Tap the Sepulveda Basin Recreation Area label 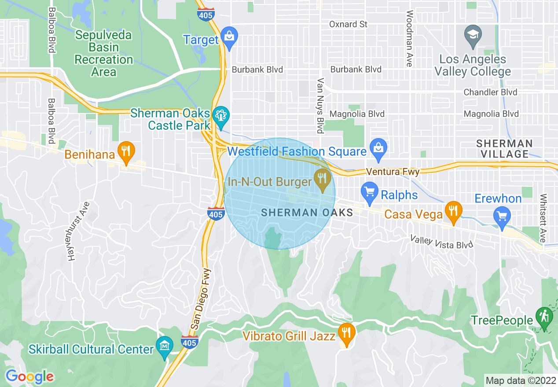(x=104, y=53)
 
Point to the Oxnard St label (x=348, y=24)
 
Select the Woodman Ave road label (x=410, y=38)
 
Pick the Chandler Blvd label (x=491, y=92)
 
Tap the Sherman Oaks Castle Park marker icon (x=219, y=116)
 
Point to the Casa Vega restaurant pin (x=453, y=211)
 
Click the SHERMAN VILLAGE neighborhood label (x=504, y=149)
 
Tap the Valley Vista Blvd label (x=442, y=241)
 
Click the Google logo (x=29, y=376)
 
